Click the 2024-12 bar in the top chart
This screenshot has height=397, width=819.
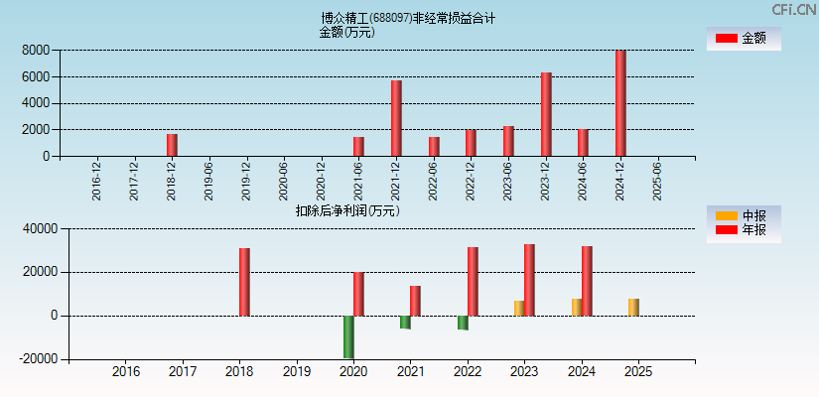(x=620, y=103)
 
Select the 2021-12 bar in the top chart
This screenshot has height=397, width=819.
(x=396, y=118)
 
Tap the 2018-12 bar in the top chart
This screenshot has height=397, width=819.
(x=172, y=145)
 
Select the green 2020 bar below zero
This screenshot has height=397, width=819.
(x=348, y=336)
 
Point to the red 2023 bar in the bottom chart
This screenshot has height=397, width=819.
(x=529, y=280)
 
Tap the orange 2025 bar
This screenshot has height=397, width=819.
(x=633, y=307)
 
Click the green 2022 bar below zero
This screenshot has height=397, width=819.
(x=463, y=323)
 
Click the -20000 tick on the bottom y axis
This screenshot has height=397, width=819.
(x=34, y=359)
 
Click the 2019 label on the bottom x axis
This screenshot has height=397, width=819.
(x=296, y=372)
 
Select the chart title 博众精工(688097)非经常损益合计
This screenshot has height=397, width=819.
(x=408, y=18)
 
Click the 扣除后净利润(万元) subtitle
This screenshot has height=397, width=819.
(x=347, y=210)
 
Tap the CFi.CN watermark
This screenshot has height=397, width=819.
(x=794, y=9)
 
